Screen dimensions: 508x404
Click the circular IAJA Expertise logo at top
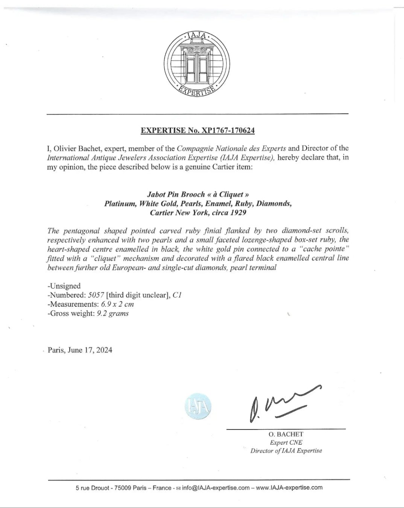[x=198, y=65]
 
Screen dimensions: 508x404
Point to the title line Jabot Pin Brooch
[x=198, y=195]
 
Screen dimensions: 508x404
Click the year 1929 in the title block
[x=237, y=213]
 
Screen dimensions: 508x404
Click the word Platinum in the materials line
[x=120, y=204]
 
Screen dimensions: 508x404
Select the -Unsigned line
[x=64, y=286]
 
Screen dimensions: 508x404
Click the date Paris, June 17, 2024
[x=80, y=350]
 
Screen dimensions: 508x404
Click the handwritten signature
[x=282, y=403]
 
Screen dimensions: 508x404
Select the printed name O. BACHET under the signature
[x=286, y=434]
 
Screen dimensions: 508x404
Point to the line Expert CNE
[x=286, y=443]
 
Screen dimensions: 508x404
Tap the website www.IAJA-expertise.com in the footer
[x=289, y=488]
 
